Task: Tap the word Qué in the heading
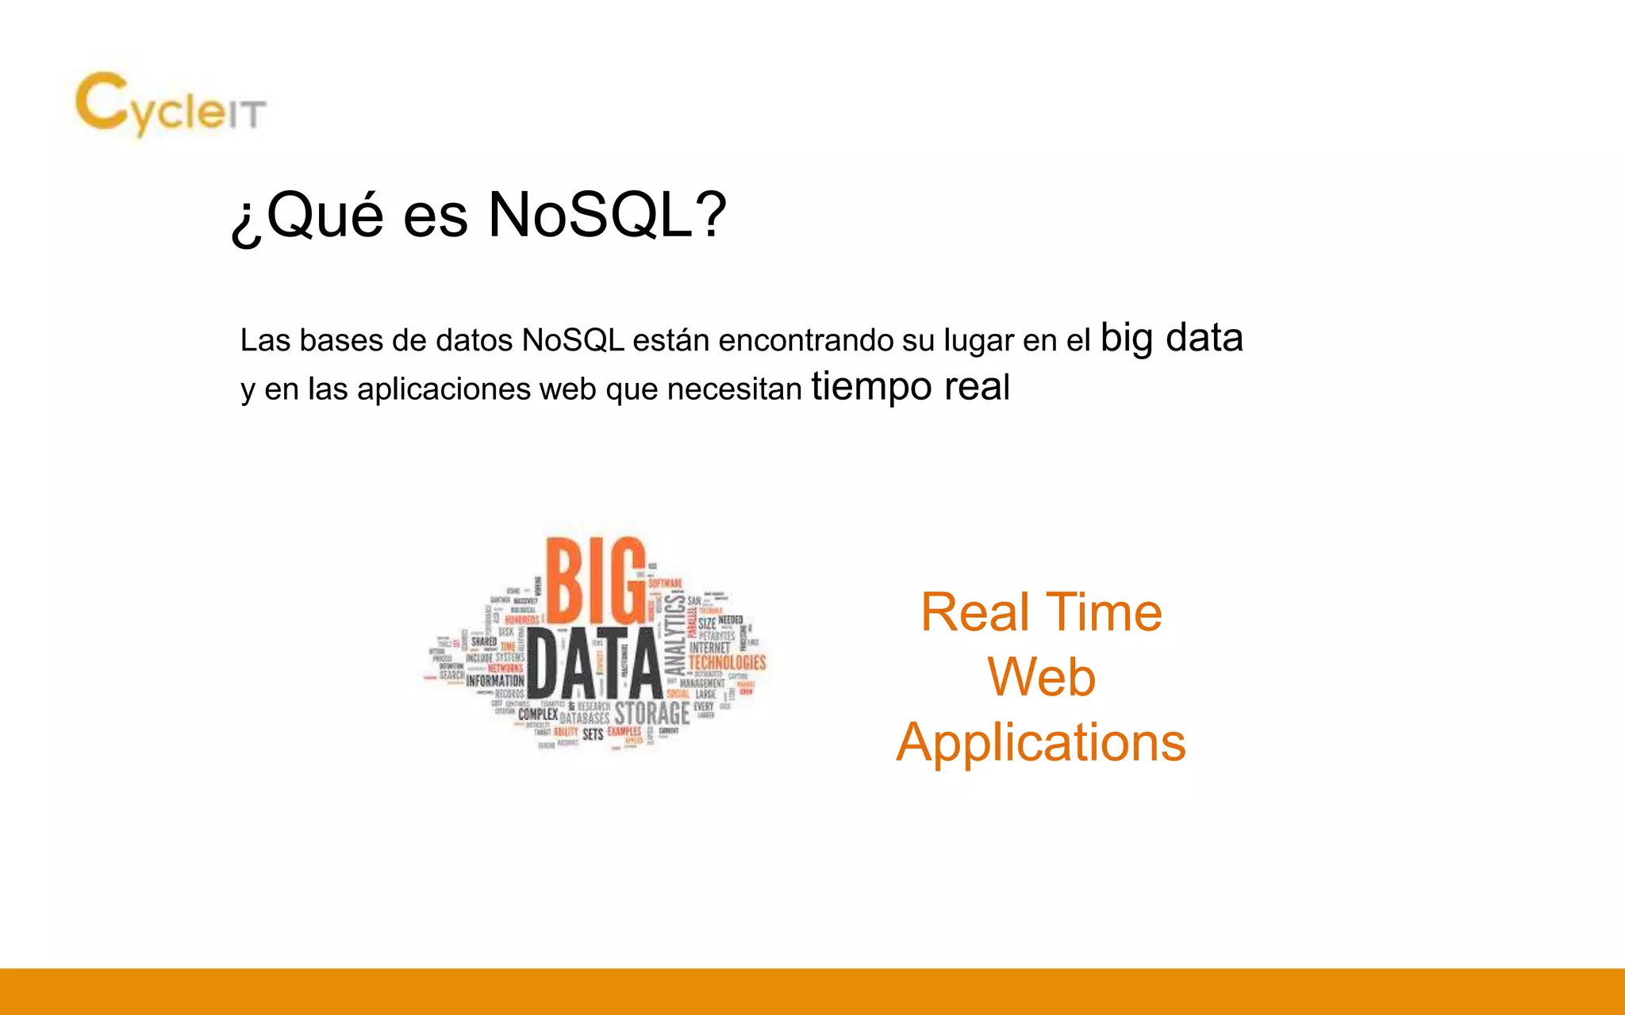click(x=326, y=215)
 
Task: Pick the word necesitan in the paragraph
click(x=734, y=389)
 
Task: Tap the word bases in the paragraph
click(x=340, y=341)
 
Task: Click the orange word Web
click(x=1041, y=677)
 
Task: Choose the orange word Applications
click(x=1041, y=743)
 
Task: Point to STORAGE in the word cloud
click(x=651, y=713)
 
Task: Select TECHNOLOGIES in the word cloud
click(x=727, y=662)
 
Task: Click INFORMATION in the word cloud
click(x=495, y=680)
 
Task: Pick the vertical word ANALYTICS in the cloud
click(x=674, y=634)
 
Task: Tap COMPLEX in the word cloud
click(x=538, y=714)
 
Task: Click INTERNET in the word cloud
click(x=709, y=648)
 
